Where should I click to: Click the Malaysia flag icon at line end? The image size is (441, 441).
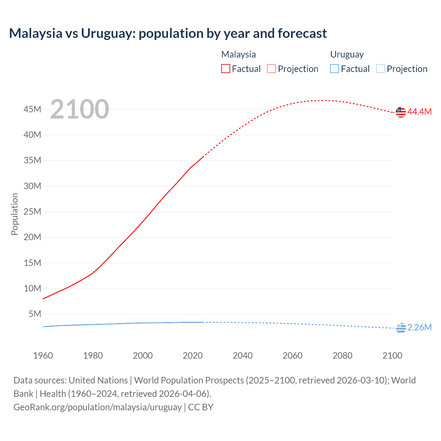[401, 112]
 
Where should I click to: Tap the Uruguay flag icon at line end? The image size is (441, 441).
[401, 328]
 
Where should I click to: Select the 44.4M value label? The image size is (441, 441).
[419, 112]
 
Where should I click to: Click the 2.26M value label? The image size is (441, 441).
[419, 328]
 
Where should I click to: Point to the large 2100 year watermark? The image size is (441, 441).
[80, 109]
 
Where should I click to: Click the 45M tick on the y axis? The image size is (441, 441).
[32, 110]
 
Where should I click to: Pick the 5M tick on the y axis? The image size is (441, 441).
[35, 314]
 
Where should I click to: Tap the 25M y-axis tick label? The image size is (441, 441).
[32, 212]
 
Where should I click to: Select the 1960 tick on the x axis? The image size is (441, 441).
[43, 356]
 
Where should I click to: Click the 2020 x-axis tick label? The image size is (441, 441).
[193, 356]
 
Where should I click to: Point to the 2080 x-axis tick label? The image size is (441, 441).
[342, 356]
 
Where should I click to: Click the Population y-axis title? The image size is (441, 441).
[14, 214]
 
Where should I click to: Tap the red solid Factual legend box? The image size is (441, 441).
[226, 69]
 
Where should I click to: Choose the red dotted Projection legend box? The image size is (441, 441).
[271, 69]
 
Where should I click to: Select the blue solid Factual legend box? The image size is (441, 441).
[335, 69]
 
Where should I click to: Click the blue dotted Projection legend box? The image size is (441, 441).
[381, 69]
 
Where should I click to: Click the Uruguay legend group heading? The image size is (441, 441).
[347, 55]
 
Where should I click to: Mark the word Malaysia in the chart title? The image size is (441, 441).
[35, 33]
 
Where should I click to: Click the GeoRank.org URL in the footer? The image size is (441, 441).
[98, 407]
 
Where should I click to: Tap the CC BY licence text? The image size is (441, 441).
[201, 407]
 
